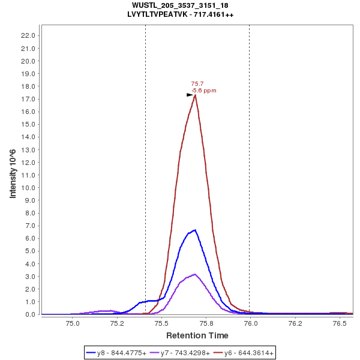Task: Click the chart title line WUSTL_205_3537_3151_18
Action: click(180, 5)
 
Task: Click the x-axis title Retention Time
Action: click(197, 335)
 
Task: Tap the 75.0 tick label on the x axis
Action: click(73, 323)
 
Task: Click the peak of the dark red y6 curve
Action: click(195, 95)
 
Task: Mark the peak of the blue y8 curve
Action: click(195, 230)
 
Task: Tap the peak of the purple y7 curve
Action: click(194, 274)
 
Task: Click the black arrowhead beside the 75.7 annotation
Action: click(190, 95)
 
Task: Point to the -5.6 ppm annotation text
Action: click(203, 91)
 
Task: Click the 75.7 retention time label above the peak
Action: click(197, 84)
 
